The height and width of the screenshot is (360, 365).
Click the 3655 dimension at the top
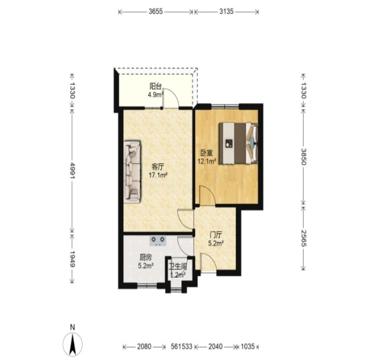(x=156, y=11)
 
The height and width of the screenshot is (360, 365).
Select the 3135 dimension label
(x=226, y=11)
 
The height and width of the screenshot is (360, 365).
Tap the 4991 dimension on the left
(x=72, y=170)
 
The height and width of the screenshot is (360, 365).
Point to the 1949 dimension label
(x=72, y=259)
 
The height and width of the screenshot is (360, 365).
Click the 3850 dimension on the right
(x=304, y=156)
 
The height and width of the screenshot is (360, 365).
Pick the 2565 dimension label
(x=304, y=238)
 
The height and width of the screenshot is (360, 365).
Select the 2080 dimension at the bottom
(x=144, y=347)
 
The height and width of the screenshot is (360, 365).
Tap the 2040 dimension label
(x=215, y=347)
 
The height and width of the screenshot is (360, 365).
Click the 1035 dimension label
(x=247, y=347)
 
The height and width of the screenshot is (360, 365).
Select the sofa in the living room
(x=132, y=171)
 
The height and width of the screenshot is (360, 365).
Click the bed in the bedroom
(x=238, y=143)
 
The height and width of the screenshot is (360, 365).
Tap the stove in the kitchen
(x=158, y=241)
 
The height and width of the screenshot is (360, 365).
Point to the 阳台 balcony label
(x=156, y=87)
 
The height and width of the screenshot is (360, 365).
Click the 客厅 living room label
(x=158, y=166)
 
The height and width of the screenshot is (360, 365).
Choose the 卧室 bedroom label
(x=207, y=153)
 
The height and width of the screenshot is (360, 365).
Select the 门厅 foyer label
(x=216, y=235)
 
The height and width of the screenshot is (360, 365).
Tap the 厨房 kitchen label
(x=146, y=257)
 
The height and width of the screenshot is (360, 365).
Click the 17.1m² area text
(x=158, y=175)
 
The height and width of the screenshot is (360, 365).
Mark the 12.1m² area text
(x=207, y=161)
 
